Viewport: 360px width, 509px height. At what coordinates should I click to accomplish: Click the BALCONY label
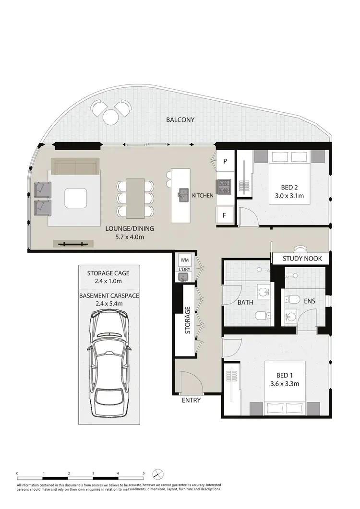pos(180,120)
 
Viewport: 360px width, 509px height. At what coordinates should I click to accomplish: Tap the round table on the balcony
pos(111,115)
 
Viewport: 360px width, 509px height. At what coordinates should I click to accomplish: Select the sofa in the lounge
pos(75,168)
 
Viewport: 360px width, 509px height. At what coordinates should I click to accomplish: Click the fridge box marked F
pos(224,215)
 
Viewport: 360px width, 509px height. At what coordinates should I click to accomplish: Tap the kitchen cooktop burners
pos(224,187)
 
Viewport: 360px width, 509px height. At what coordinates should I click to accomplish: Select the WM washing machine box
pos(184,260)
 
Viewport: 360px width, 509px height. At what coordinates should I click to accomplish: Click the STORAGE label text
pos(188,320)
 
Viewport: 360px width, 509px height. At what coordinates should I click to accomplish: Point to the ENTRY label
pos(191,400)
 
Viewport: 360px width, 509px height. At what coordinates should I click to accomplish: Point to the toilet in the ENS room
pos(289,299)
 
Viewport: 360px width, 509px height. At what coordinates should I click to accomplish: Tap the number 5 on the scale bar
pos(143,473)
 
